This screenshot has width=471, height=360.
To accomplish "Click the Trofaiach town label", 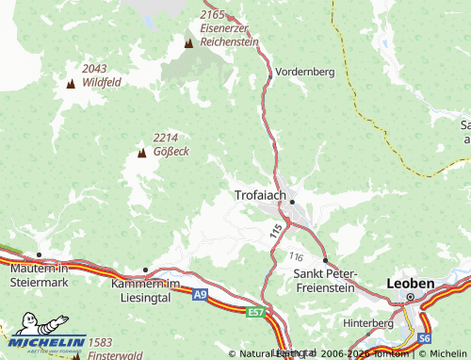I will tap(259, 195).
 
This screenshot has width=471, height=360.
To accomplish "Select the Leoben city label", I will tap(411, 283).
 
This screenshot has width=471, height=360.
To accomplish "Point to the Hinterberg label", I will tap(368, 322).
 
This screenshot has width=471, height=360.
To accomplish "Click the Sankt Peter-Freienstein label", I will tap(326, 279).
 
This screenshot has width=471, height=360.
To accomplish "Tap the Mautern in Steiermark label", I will tap(40, 273).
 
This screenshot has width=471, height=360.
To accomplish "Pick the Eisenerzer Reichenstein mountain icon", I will tap(188, 43).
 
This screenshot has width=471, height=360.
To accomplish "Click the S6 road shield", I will tap(425, 336).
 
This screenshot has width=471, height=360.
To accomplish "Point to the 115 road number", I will tap(276, 230).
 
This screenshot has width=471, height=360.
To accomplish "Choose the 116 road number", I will tap(298, 256).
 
